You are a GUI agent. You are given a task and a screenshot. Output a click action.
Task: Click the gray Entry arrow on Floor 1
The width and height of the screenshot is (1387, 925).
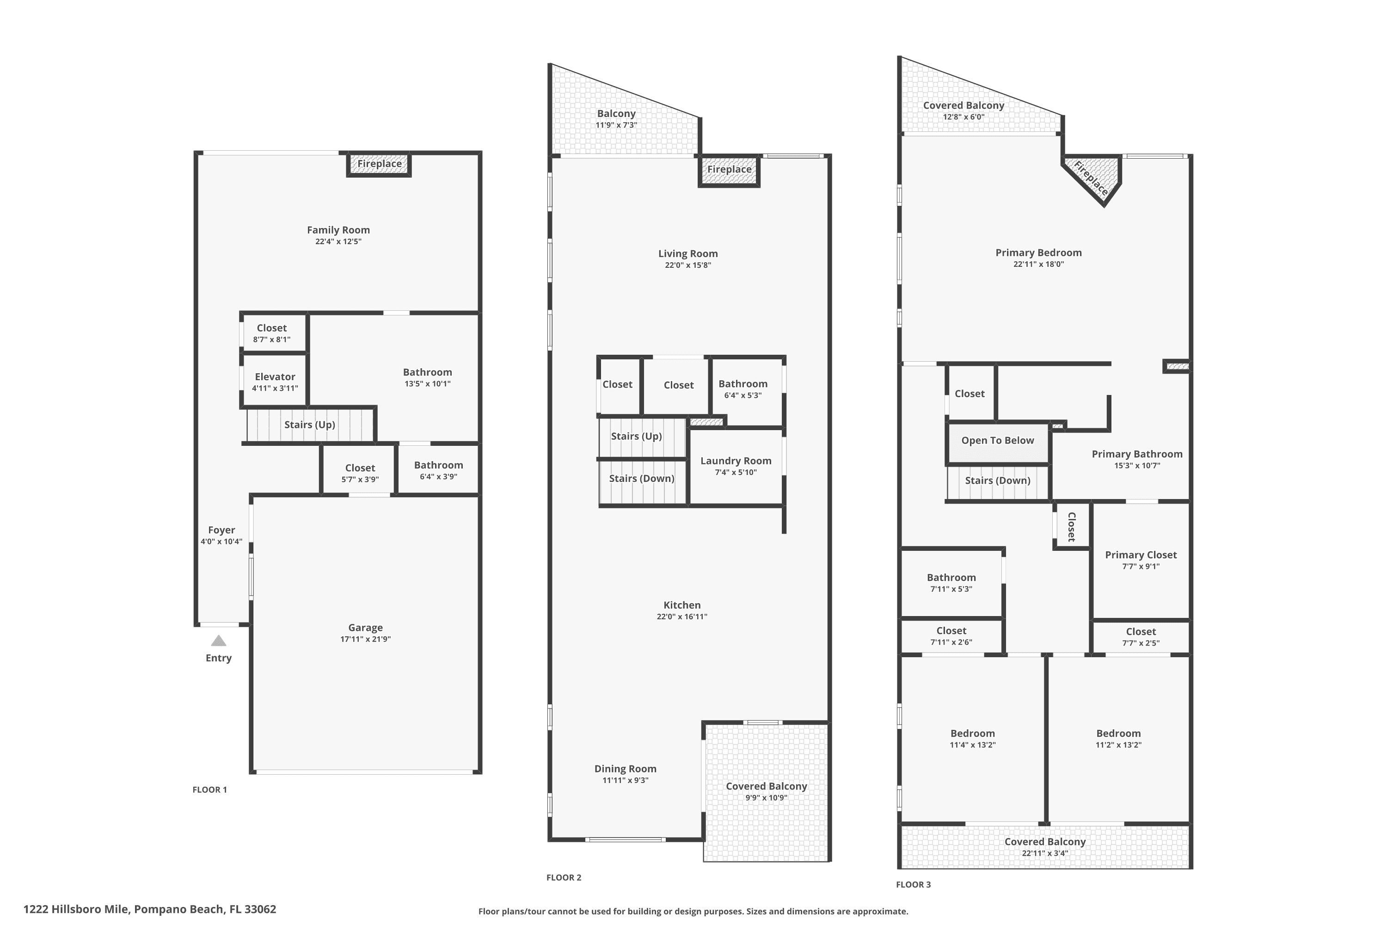(219, 641)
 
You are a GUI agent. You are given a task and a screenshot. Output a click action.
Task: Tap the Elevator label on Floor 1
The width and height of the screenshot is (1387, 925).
(275, 377)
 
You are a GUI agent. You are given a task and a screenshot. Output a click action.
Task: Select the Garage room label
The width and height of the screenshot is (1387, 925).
(366, 628)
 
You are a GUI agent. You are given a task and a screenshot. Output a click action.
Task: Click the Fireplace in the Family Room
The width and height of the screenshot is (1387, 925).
(379, 164)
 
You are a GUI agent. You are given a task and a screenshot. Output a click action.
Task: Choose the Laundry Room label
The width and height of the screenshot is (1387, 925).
(736, 461)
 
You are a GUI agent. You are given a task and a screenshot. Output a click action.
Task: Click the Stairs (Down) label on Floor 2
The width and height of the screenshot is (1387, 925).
(642, 478)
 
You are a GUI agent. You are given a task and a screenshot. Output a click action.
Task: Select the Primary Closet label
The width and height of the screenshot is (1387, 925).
(1141, 555)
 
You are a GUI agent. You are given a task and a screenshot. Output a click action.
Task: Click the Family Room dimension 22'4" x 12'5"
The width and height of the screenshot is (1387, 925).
(338, 241)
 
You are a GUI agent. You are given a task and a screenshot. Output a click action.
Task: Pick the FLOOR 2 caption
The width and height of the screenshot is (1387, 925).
(564, 877)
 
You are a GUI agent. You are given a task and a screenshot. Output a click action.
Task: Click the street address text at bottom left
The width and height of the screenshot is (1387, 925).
(150, 909)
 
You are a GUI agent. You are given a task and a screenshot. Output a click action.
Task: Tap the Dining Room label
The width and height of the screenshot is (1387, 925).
(626, 769)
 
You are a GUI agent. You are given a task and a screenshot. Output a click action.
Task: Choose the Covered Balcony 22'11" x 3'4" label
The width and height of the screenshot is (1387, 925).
(1045, 842)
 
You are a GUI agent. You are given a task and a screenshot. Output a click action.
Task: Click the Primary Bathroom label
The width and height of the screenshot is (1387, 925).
(1137, 454)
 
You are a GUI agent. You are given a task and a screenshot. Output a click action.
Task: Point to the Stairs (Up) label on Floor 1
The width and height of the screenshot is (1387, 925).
(310, 425)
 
